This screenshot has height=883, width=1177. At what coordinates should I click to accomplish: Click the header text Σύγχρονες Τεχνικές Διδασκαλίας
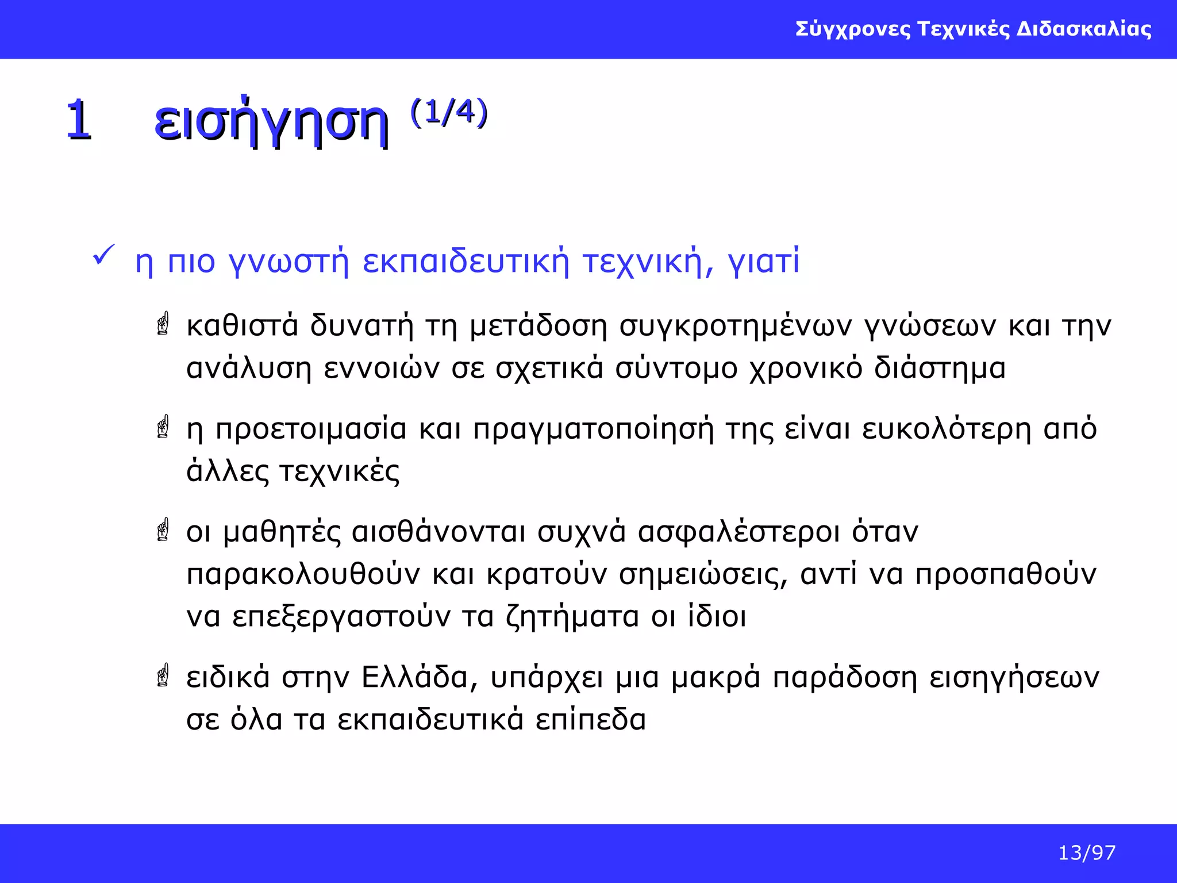973,29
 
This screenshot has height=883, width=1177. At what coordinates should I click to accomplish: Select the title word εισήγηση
271,122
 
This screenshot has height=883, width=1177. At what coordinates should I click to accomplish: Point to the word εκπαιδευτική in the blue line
466,262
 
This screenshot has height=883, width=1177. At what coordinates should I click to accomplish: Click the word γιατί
763,262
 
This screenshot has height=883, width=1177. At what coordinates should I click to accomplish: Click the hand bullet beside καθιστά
163,324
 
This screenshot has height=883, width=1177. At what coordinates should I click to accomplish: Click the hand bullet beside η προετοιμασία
163,427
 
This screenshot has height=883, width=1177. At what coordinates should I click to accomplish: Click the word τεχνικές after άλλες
339,471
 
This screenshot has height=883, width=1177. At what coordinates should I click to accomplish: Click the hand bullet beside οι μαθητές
163,529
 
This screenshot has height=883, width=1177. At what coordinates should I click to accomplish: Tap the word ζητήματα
572,617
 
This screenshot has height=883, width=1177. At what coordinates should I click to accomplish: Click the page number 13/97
1086,853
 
